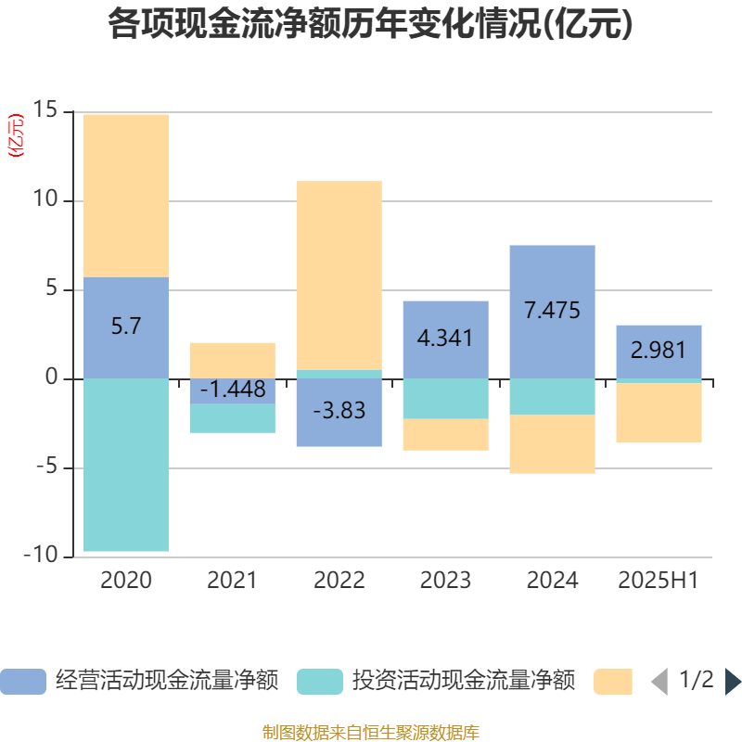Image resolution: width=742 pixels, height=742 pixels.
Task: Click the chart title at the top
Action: pyautogui.click(x=371, y=25)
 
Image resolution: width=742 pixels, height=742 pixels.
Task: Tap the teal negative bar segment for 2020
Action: pyautogui.click(x=126, y=464)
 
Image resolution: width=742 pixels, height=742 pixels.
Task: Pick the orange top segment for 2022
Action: pyautogui.click(x=339, y=275)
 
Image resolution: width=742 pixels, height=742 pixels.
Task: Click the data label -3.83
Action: pyautogui.click(x=339, y=411)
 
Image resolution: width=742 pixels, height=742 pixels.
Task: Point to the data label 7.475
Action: pyautogui.click(x=552, y=310)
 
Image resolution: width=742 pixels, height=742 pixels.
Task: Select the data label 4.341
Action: pyautogui.click(x=445, y=338)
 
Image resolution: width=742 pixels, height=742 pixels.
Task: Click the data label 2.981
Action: pyautogui.click(x=659, y=350)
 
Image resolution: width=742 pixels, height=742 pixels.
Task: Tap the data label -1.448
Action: pyautogui.click(x=232, y=390)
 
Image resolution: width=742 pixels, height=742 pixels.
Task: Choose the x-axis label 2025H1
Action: pyautogui.click(x=659, y=581)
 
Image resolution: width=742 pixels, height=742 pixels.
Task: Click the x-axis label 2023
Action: pyautogui.click(x=445, y=581)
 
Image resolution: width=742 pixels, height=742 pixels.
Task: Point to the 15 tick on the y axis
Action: pyautogui.click(x=45, y=111)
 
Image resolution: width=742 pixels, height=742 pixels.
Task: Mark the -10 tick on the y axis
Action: pyautogui.click(x=41, y=556)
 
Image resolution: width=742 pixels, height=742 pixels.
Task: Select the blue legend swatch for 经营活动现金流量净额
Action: pyautogui.click(x=22, y=682)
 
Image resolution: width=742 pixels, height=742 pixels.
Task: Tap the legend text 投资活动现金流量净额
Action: pyautogui.click(x=464, y=682)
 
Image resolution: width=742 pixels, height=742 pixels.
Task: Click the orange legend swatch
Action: pyautogui.click(x=612, y=682)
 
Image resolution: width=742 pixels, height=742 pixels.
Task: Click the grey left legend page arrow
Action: pyautogui.click(x=659, y=682)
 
